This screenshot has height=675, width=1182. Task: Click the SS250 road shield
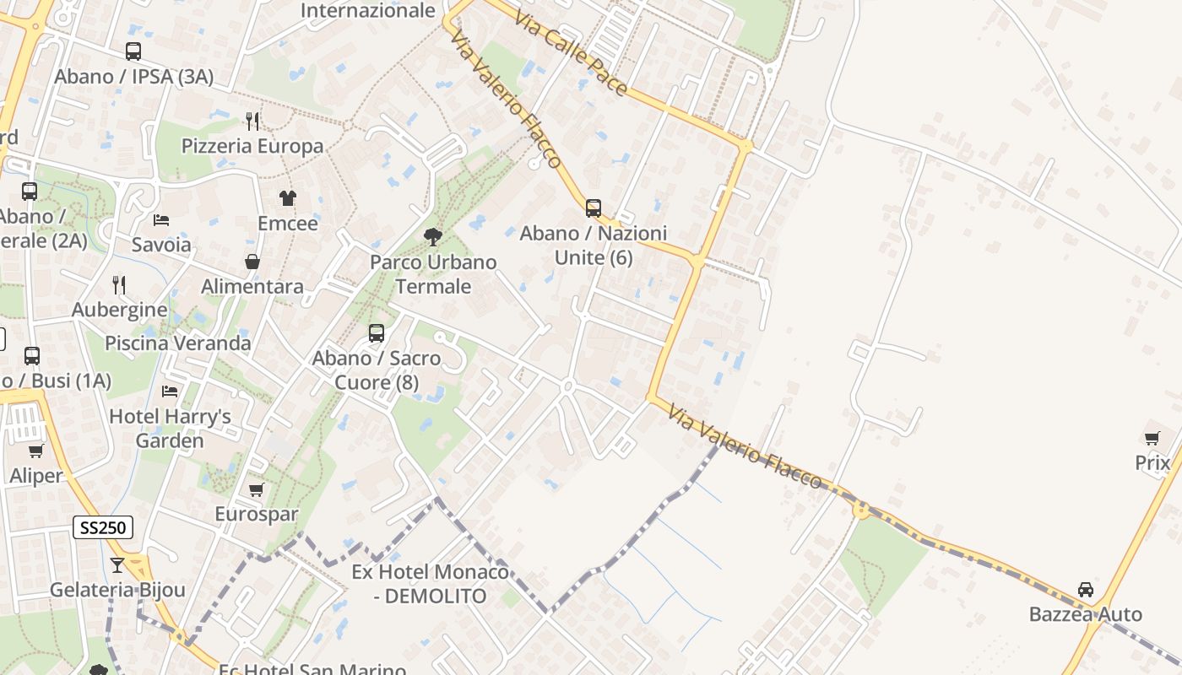tap(103, 528)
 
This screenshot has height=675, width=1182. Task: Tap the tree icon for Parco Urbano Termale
tap(433, 237)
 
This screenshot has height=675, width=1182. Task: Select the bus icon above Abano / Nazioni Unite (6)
tap(594, 208)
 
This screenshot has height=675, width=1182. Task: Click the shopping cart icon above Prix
tap(1152, 438)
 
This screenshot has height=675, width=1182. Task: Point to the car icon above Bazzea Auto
tap(1086, 589)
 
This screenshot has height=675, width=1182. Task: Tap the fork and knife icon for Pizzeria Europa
tap(252, 121)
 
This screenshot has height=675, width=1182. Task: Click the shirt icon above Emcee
tap(288, 198)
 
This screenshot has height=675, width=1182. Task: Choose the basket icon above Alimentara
tap(252, 262)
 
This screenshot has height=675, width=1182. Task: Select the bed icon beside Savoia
tap(161, 220)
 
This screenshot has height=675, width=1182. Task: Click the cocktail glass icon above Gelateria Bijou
tap(117, 564)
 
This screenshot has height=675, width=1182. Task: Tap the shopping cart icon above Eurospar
tap(257, 489)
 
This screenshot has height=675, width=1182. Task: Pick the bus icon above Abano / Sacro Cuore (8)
tap(377, 333)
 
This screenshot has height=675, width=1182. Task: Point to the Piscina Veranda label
tap(177, 343)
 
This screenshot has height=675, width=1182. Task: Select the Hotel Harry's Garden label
tap(170, 429)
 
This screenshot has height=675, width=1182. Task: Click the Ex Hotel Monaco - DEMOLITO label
tap(431, 584)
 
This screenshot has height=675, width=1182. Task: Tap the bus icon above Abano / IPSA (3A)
tap(133, 51)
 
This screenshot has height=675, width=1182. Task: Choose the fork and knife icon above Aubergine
tap(119, 285)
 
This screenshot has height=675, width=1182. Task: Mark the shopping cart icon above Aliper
tap(36, 451)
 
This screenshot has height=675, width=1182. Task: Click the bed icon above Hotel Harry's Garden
tap(170, 391)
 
